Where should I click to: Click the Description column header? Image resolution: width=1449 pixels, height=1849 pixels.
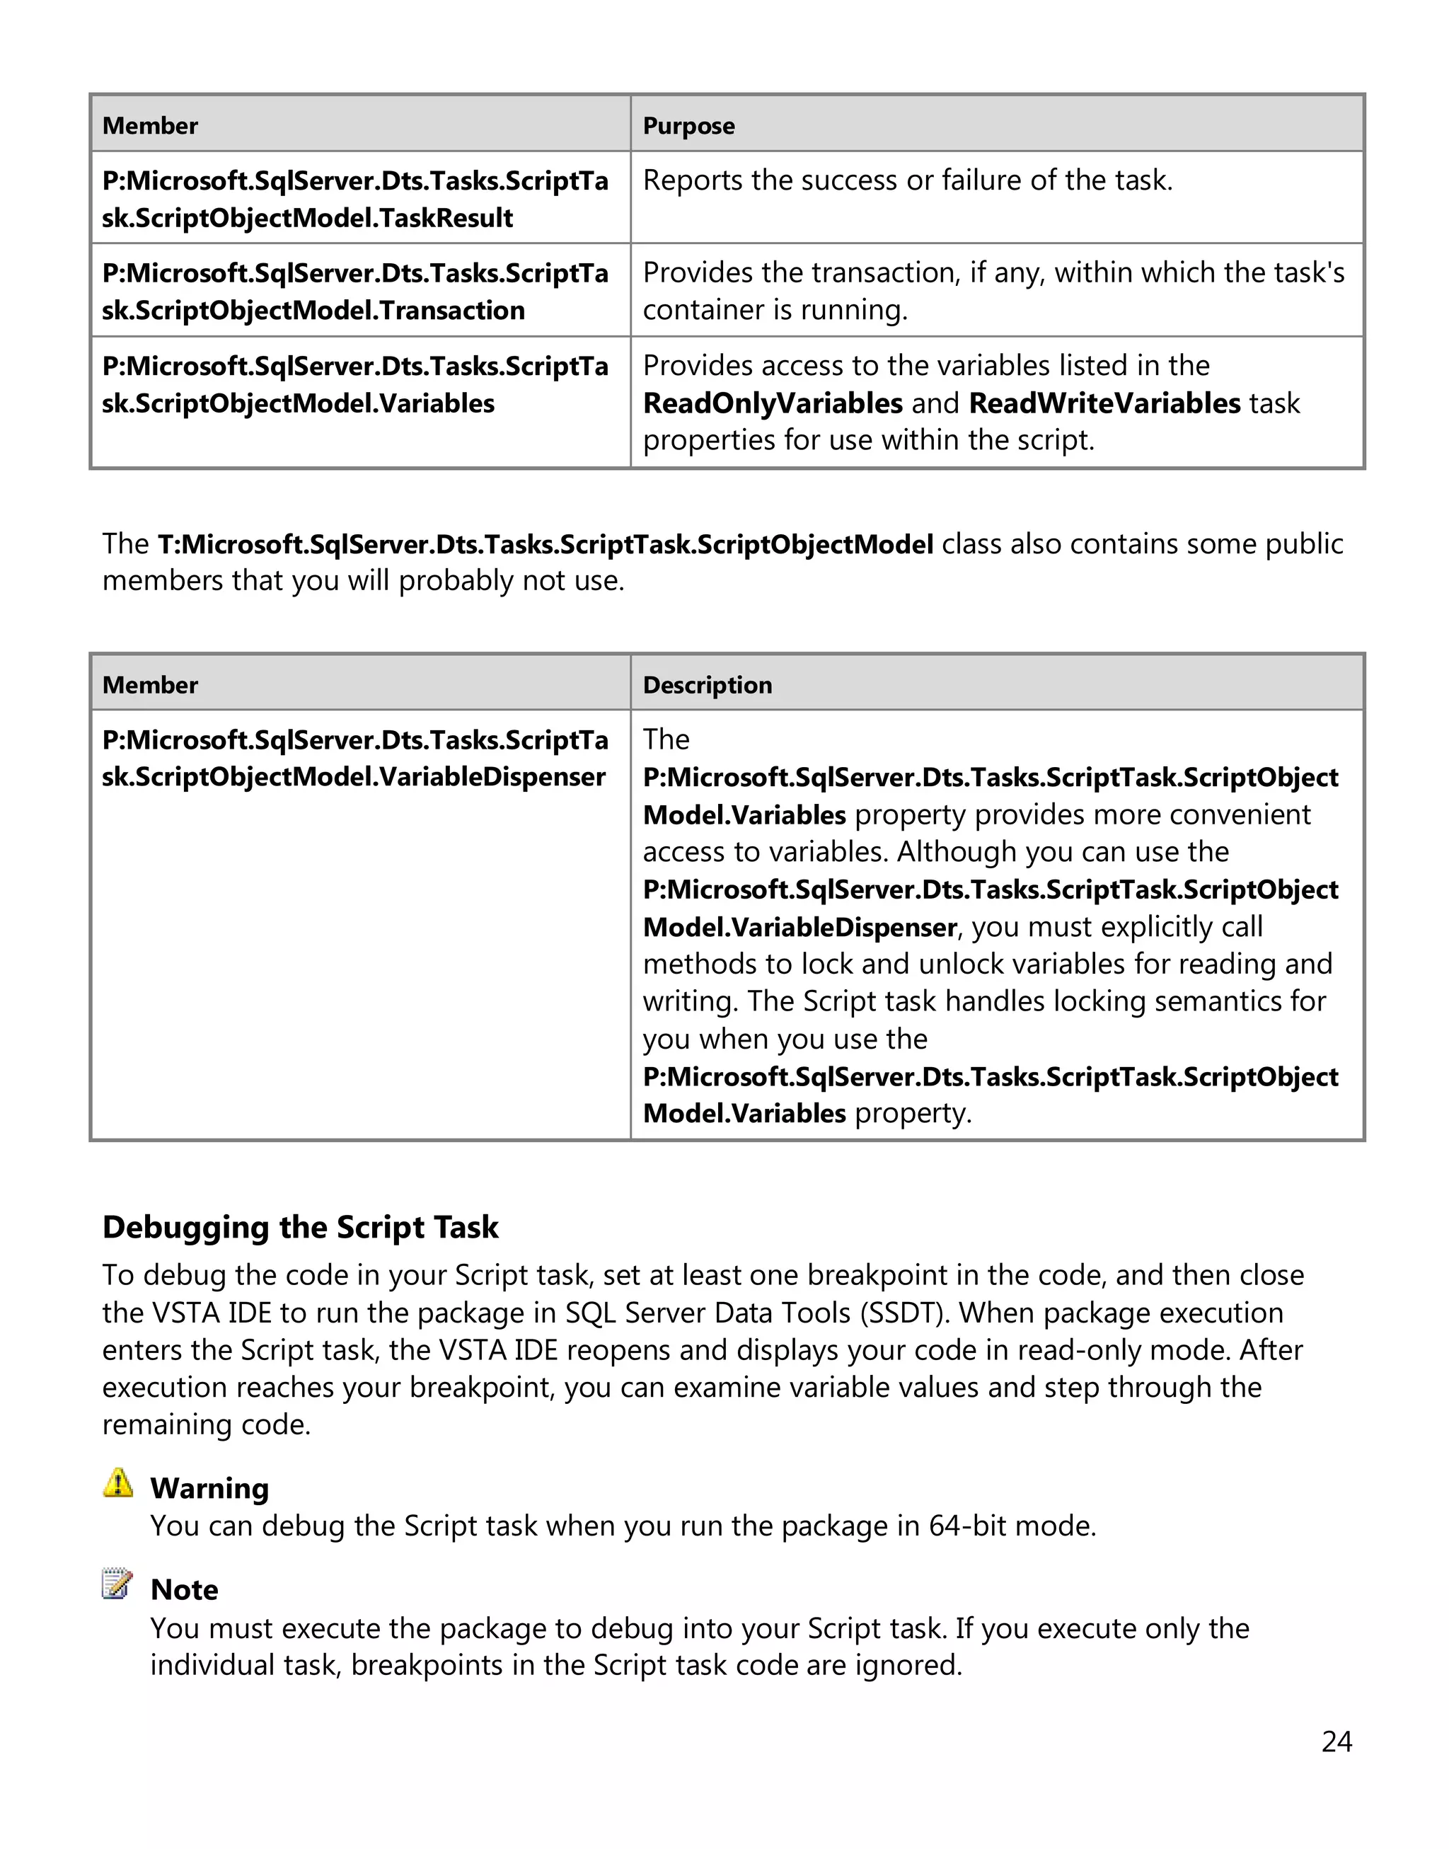707,685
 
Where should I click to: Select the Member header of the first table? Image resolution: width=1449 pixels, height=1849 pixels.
149,125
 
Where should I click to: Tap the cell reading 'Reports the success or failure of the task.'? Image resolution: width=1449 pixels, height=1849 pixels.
907,180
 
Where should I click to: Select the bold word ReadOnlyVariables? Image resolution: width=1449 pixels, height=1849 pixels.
772,403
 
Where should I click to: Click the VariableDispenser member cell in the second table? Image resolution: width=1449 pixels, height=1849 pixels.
354,759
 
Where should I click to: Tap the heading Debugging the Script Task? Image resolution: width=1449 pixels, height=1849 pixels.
300,1227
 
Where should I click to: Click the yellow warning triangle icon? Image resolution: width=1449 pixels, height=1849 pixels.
118,1483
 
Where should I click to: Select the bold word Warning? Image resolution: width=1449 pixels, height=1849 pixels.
209,1488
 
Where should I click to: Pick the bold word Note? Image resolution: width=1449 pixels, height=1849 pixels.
184,1589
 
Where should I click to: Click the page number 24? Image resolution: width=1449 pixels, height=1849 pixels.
1337,1741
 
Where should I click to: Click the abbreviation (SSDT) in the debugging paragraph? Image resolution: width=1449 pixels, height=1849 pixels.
904,1313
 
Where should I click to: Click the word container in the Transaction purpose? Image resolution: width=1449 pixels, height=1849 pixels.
700,310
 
